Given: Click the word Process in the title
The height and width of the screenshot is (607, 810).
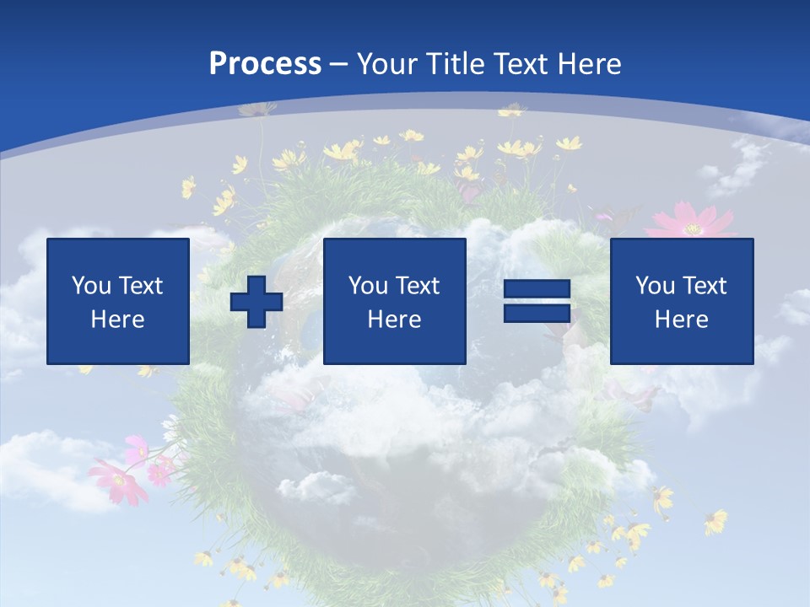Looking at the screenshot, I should coord(265,64).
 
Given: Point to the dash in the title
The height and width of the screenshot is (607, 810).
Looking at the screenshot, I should coord(339,65).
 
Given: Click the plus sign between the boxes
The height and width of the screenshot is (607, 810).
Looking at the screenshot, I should coord(256,302).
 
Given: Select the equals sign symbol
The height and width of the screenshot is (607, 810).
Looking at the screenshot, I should coord(537,302).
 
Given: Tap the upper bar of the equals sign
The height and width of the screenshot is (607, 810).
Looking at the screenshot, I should coord(537,289).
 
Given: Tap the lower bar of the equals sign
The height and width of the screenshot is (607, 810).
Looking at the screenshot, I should coord(537,314).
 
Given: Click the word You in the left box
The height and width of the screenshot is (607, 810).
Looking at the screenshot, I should coord(91,286).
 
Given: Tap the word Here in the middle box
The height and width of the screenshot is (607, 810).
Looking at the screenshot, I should coord(394,320).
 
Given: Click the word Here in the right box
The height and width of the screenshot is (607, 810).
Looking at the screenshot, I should coord(681,320).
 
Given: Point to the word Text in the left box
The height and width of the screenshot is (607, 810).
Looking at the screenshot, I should coord(140,286).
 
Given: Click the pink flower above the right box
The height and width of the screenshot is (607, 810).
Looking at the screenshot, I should coord(690,222).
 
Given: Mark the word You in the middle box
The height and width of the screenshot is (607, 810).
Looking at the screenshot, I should coord(368,286).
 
